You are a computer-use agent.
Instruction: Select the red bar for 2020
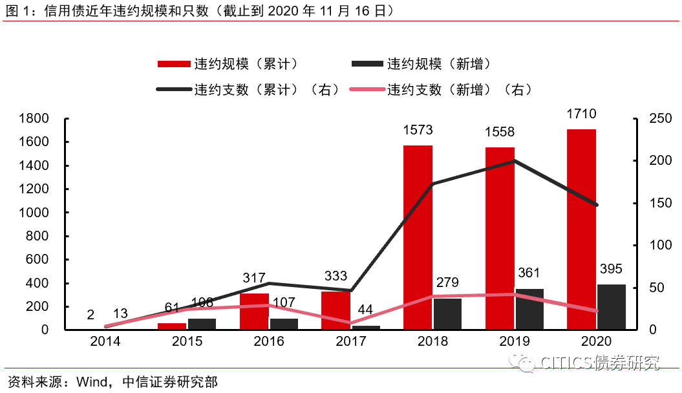pyautogui.click(x=581, y=229)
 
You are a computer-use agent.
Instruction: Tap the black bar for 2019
pyautogui.click(x=529, y=309)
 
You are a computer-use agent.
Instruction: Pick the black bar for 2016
pyautogui.click(x=284, y=324)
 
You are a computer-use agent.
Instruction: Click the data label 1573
pyautogui.click(x=418, y=131)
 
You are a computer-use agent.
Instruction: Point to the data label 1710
pyautogui.click(x=581, y=114)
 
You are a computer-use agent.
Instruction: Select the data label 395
pyautogui.click(x=611, y=270)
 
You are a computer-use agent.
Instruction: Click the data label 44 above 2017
pyautogui.click(x=365, y=310)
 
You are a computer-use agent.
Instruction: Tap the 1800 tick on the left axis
pyautogui.click(x=34, y=119)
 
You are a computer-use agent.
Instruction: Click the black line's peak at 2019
pyautogui.click(x=515, y=160)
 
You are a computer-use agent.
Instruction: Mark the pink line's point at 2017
pyautogui.click(x=351, y=323)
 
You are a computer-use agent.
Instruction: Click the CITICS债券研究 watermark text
pyautogui.click(x=598, y=363)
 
